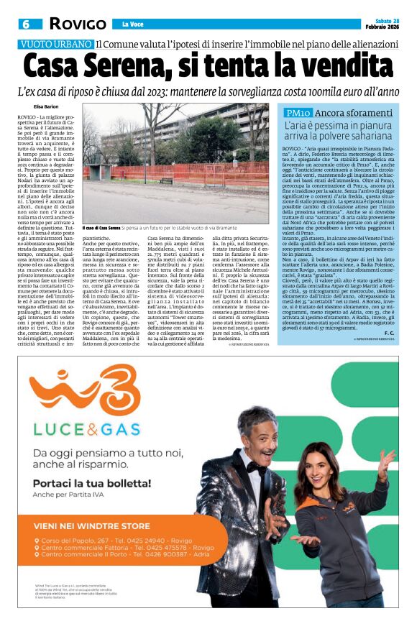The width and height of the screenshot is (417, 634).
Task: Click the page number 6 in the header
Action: pyautogui.click(x=25, y=24)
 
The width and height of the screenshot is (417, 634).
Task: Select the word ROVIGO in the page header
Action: pyautogui.click(x=78, y=24)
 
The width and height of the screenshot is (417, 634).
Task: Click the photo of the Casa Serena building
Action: pyautogui.click(x=177, y=167)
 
